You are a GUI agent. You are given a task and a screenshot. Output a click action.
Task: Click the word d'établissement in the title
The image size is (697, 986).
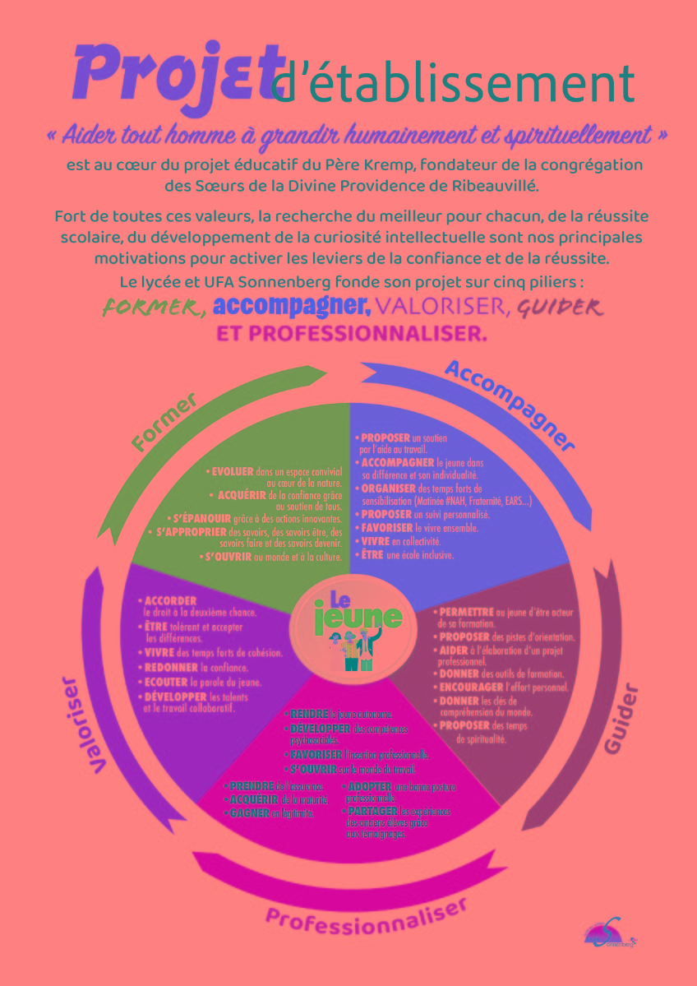tap(453, 83)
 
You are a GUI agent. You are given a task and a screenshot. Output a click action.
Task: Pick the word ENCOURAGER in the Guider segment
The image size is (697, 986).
tap(471, 686)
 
